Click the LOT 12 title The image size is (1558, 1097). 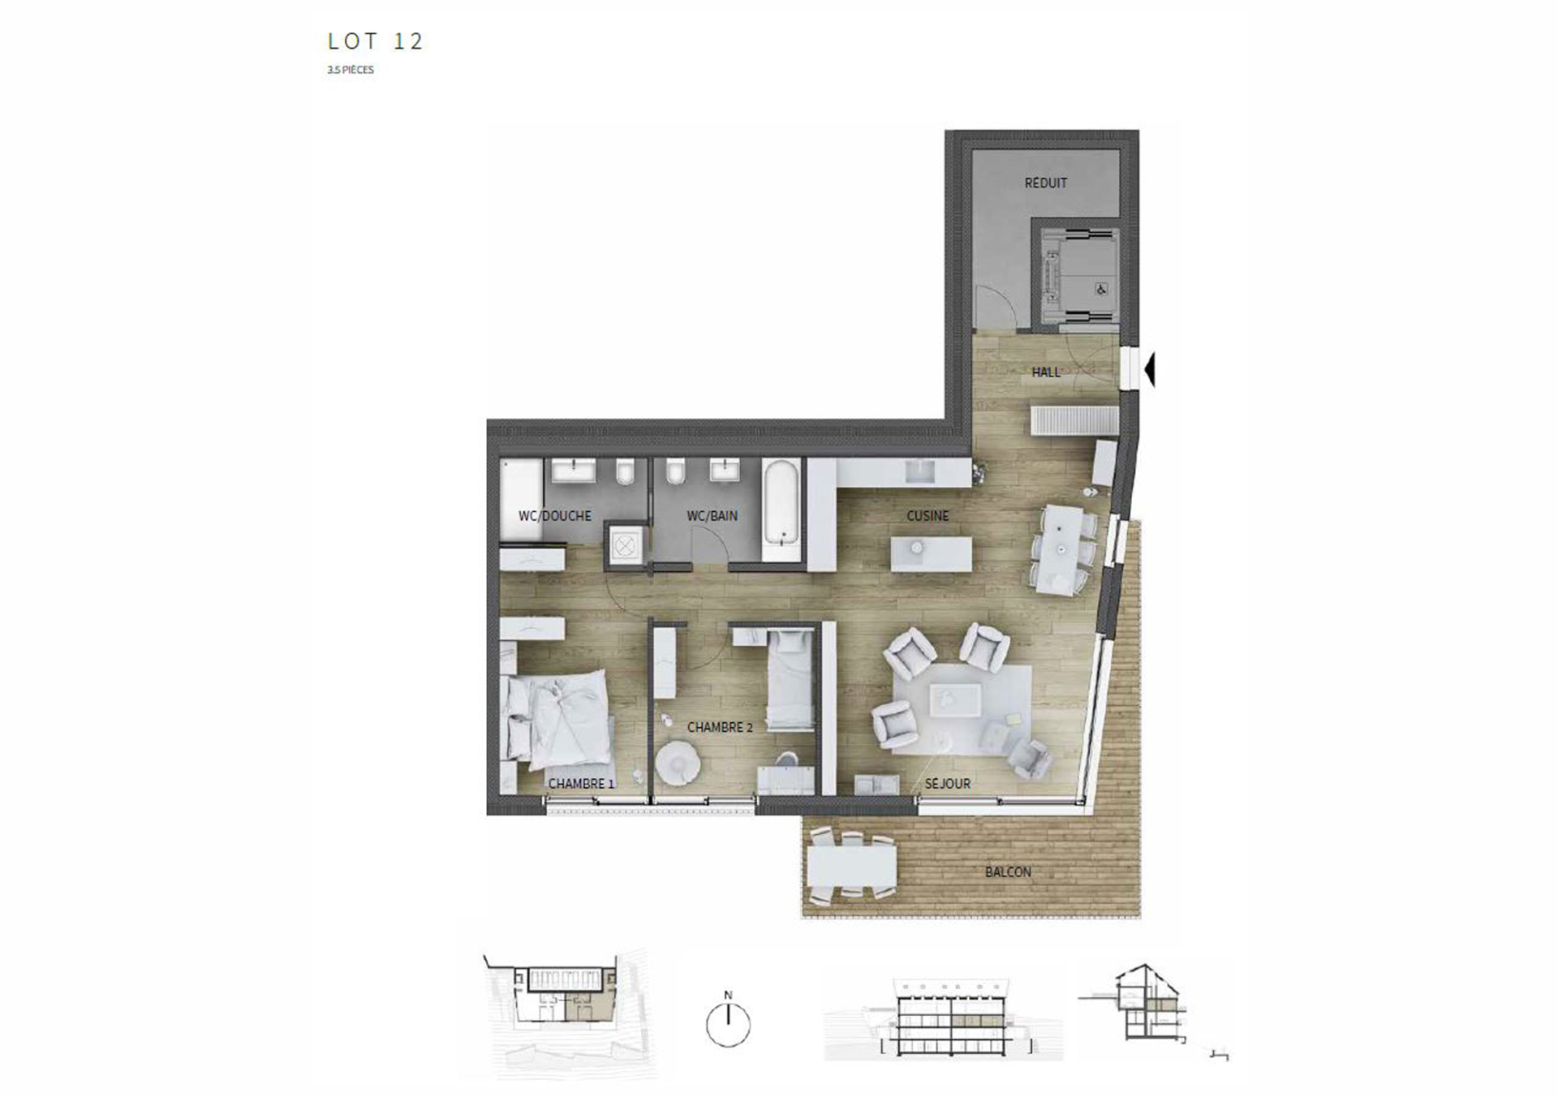[376, 41]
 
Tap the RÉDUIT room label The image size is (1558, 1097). [1045, 183]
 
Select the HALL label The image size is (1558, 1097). [1046, 372]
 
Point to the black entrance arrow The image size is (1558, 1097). [1149, 370]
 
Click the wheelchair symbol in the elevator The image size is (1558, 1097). [1101, 289]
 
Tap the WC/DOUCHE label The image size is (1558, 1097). [555, 516]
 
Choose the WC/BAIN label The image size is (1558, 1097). [712, 516]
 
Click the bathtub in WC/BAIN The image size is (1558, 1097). [782, 503]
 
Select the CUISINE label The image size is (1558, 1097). [927, 516]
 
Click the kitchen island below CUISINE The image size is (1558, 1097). [931, 554]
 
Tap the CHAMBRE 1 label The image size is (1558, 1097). [581, 784]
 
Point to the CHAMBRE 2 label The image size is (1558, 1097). [720, 728]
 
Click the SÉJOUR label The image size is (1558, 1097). [948, 784]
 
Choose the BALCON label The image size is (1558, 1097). [1008, 872]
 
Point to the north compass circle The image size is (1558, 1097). [728, 1025]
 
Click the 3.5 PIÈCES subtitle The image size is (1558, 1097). [351, 70]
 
